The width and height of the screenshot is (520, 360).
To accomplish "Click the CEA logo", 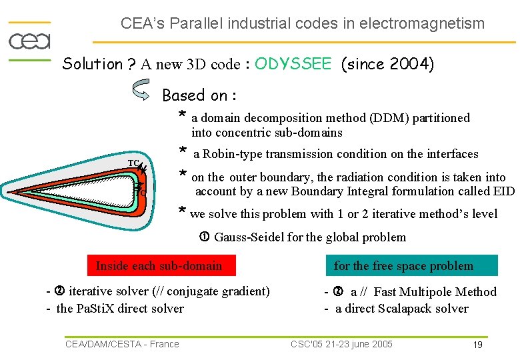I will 29,41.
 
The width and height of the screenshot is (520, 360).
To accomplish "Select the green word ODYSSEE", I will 293,64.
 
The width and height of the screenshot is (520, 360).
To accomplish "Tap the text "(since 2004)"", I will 387,64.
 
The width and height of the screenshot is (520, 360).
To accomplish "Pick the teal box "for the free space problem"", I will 403,266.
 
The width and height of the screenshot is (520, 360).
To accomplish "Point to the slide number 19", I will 477,345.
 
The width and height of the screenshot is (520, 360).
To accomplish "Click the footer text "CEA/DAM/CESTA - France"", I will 122,344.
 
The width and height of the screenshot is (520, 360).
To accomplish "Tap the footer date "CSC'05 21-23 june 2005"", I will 341,344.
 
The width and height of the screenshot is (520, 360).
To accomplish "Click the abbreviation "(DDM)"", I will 387,118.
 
